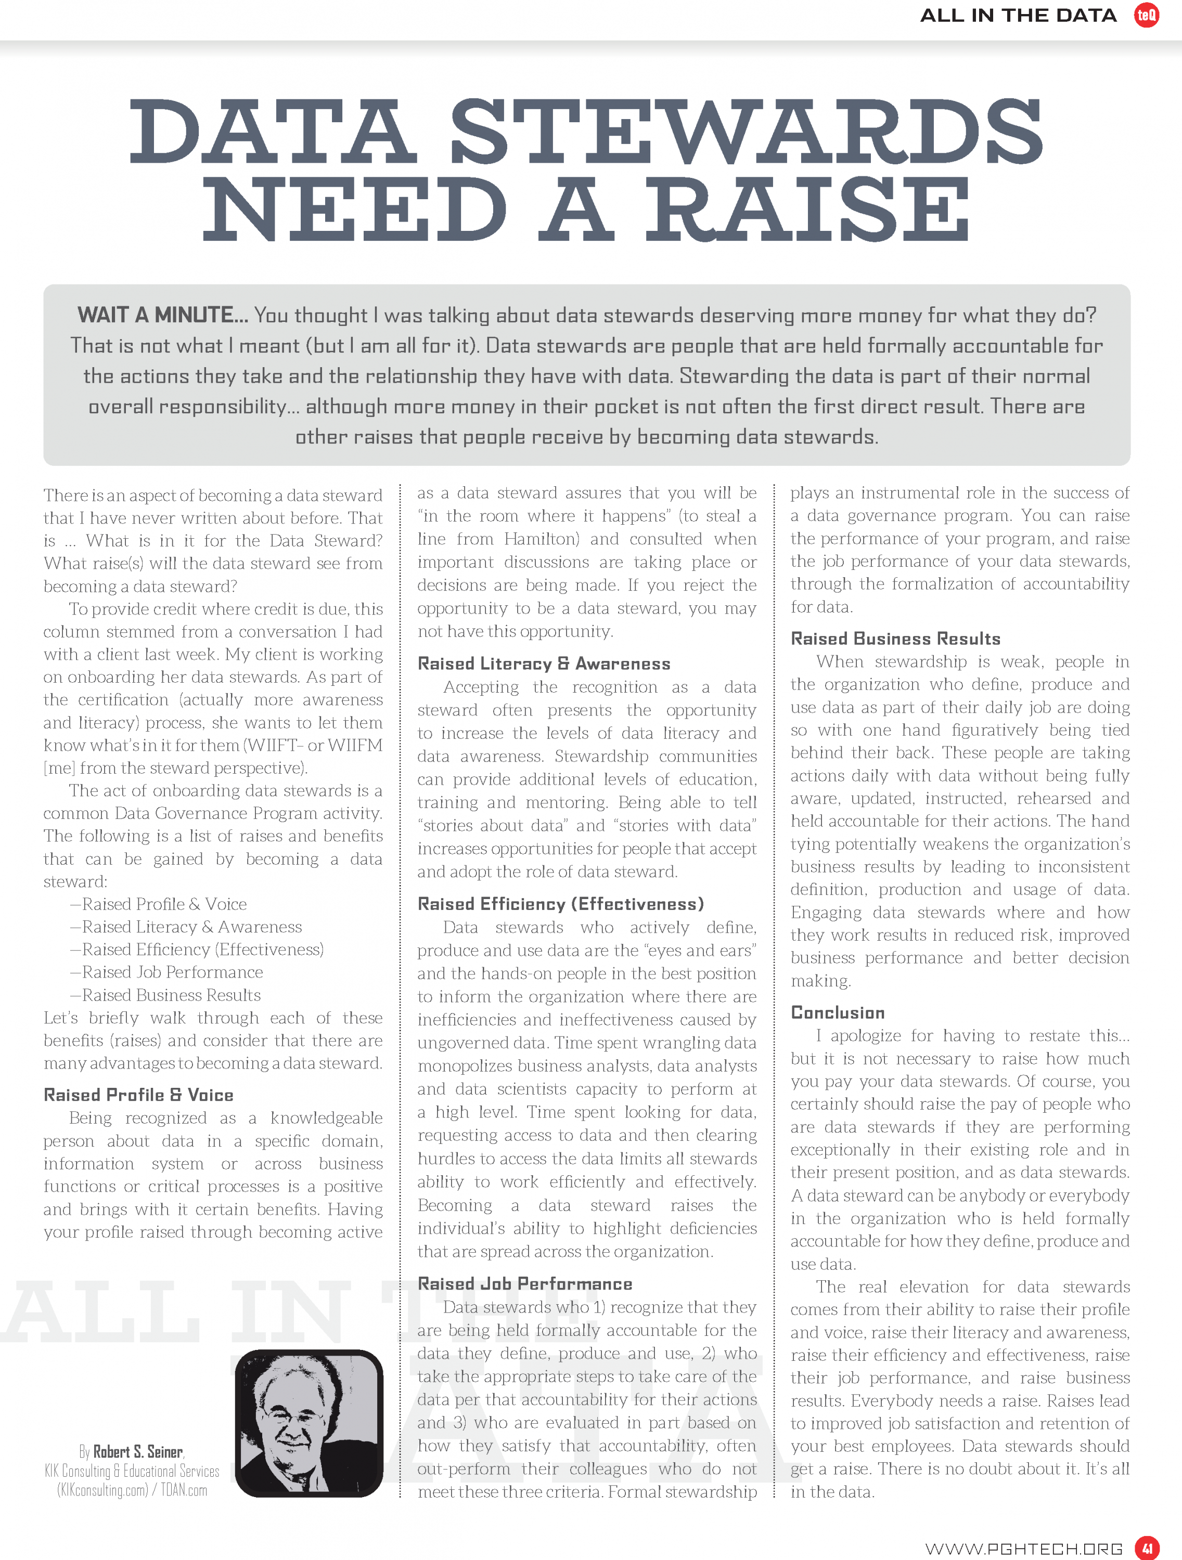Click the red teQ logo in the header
[x=1146, y=15]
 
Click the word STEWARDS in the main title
[x=746, y=131]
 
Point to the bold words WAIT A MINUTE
[x=162, y=315]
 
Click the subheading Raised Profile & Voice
[x=138, y=1095]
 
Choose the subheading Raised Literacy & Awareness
[x=543, y=664]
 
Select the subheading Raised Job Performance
[x=524, y=1283]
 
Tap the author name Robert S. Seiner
[x=138, y=1451]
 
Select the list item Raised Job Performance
[x=172, y=972]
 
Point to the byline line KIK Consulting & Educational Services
[x=132, y=1471]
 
